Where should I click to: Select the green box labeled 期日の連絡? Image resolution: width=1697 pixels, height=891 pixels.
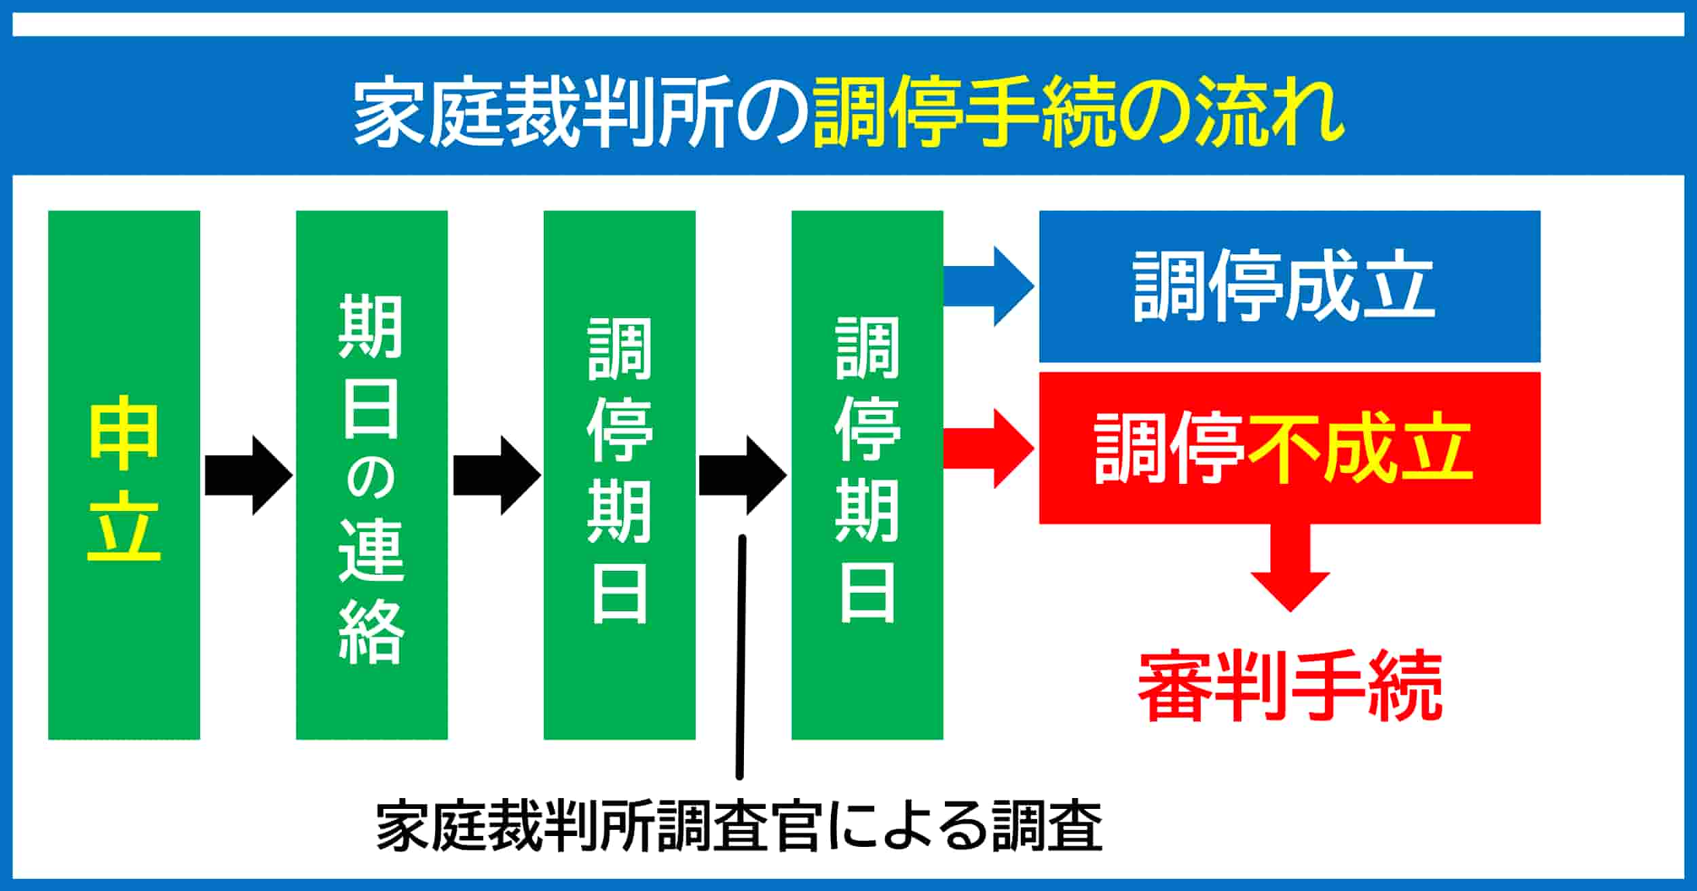(x=372, y=475)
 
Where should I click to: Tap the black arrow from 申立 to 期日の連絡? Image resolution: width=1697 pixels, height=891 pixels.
(x=248, y=475)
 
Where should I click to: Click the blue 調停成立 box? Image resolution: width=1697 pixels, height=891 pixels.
(x=1290, y=286)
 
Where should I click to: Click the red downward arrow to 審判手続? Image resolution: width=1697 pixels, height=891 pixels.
(x=1290, y=567)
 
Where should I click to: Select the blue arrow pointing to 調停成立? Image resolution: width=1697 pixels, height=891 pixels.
(x=989, y=286)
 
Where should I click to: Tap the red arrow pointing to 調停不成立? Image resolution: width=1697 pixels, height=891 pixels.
(x=989, y=449)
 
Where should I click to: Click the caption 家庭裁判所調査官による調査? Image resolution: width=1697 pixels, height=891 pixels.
(x=739, y=827)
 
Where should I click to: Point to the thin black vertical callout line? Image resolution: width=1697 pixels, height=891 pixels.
(x=741, y=658)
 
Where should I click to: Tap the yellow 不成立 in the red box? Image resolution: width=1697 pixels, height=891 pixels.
(x=1360, y=449)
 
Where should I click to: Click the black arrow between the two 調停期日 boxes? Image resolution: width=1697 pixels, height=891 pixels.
(x=743, y=475)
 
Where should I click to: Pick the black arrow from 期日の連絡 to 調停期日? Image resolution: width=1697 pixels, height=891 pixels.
(x=497, y=475)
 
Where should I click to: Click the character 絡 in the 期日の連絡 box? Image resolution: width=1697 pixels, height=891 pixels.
(x=372, y=632)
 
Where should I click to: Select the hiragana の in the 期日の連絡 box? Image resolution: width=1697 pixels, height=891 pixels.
(x=372, y=475)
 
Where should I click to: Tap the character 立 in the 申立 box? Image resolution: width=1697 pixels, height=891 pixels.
(x=124, y=528)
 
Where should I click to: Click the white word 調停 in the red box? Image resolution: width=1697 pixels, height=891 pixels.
(x=1169, y=449)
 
